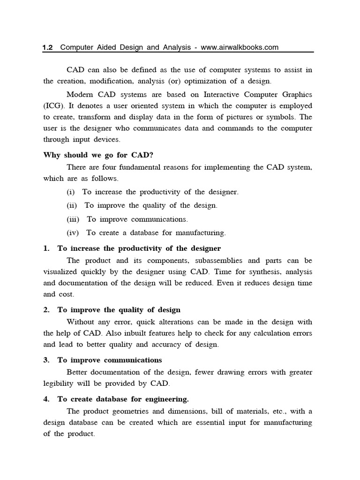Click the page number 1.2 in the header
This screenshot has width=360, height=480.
click(48, 47)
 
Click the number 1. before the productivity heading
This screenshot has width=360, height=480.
click(46, 248)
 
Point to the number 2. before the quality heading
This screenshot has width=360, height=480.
click(46, 310)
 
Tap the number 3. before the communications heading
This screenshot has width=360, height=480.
click(46, 360)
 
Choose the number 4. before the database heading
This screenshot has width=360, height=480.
click(46, 399)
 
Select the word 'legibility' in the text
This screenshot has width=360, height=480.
click(59, 384)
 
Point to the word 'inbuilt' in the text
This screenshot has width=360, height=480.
click(139, 333)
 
